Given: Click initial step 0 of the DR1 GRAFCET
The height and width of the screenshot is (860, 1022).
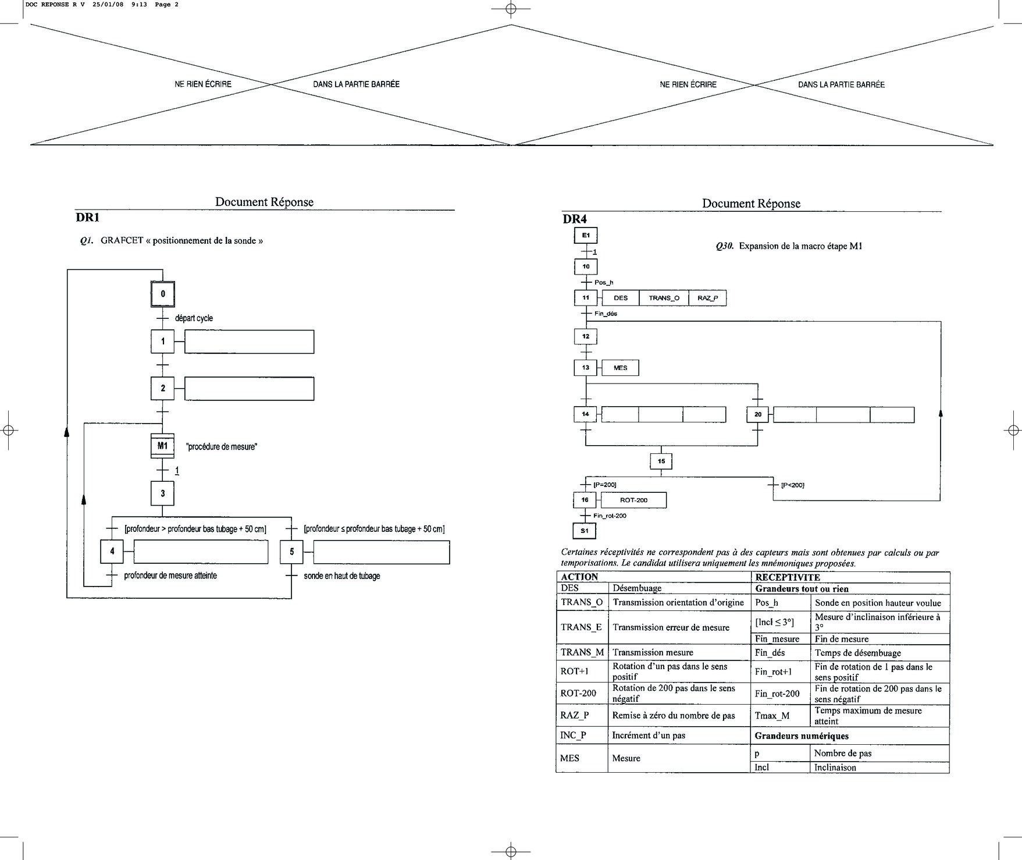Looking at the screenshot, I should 162,294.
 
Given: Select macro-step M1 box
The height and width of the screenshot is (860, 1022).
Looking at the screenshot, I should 162,446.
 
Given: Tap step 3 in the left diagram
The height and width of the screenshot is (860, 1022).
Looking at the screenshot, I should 162,493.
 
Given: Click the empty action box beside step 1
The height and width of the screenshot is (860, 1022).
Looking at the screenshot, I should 249,342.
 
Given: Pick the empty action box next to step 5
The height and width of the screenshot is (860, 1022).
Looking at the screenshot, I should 381,552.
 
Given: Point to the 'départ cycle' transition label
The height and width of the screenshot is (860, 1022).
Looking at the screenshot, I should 194,318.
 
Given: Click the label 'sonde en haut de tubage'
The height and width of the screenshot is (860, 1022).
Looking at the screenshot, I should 341,576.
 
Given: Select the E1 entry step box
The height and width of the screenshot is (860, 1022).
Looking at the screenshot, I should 586,236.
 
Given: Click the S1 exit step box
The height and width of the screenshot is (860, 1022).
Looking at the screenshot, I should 585,531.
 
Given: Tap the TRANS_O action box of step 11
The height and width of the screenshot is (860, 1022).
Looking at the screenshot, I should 664,298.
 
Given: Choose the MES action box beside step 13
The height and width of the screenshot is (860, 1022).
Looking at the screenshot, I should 620,368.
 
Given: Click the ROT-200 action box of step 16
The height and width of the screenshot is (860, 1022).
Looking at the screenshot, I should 633,500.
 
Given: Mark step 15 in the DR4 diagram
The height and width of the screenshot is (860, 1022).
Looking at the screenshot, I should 661,461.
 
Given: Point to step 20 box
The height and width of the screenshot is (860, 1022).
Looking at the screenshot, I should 757,415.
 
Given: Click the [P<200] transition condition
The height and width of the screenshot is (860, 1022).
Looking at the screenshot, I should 792,485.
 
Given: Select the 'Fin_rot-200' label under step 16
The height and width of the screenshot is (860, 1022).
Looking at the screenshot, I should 610,516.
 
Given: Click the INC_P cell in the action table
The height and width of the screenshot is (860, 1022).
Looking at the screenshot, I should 573,735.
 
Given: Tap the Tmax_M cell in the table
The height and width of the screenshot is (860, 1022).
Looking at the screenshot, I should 772,716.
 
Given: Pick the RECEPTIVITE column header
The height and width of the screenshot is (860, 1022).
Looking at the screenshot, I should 787,577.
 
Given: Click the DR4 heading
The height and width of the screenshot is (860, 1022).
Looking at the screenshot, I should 575,219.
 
